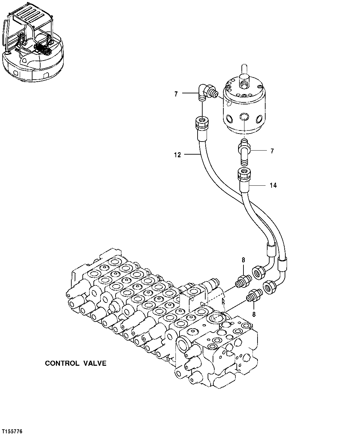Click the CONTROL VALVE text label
(76, 363)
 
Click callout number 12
(177, 155)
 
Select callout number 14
(273, 185)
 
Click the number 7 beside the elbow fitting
(176, 94)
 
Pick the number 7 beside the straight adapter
(272, 151)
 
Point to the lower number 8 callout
(254, 314)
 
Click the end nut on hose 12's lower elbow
(259, 272)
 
